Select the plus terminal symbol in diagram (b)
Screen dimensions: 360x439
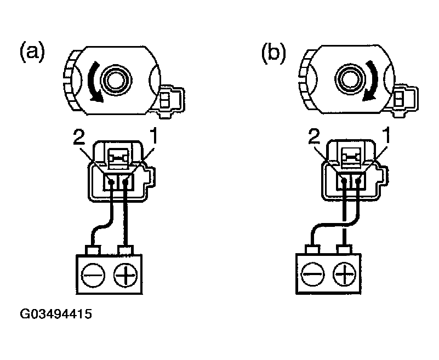coord(344,272)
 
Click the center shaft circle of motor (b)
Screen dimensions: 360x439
coord(347,80)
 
